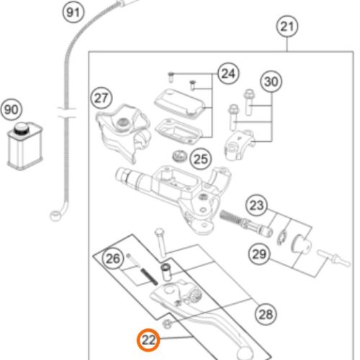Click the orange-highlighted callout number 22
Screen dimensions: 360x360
tap(148, 340)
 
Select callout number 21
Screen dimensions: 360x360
tap(287, 26)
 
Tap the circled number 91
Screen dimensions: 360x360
tap(73, 12)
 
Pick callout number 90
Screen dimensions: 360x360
tap(12, 110)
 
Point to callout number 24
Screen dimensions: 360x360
tap(228, 73)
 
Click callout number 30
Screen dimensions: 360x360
tap(271, 81)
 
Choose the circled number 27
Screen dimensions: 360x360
tap(102, 98)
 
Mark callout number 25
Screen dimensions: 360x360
tap(201, 159)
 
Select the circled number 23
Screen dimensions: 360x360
tap(256, 205)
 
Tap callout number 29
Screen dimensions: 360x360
tap(259, 254)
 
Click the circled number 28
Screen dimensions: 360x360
tap(266, 314)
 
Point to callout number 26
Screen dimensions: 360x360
tap(113, 258)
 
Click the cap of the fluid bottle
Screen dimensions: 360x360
tap(22, 128)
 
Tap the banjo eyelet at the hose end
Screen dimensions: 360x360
tap(55, 216)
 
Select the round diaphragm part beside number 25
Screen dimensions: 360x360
tap(180, 156)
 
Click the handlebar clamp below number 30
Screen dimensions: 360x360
tap(239, 145)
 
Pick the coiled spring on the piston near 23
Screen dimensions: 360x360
tap(230, 217)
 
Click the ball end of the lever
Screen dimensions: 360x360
tap(245, 353)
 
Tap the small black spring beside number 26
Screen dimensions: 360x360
tap(149, 276)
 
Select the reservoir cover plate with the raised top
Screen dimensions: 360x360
tap(180, 102)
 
